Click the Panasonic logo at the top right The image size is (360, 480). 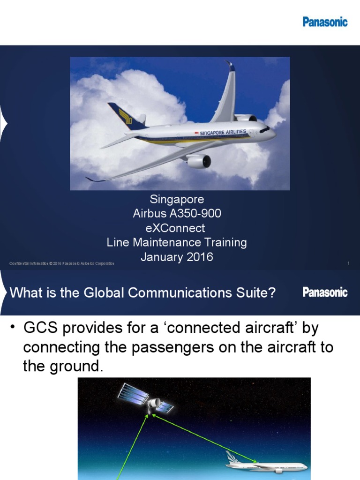[x=325, y=22]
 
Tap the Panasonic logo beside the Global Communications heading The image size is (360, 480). [x=325, y=292]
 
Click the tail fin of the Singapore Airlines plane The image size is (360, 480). [x=125, y=115]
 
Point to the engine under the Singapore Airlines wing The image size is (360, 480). [x=198, y=161]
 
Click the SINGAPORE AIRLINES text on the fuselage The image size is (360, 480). [x=223, y=133]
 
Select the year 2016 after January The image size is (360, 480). [x=198, y=257]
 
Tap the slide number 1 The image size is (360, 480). [x=349, y=263]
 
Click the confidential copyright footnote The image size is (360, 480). [x=62, y=263]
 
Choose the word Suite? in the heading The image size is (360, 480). [x=257, y=293]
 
